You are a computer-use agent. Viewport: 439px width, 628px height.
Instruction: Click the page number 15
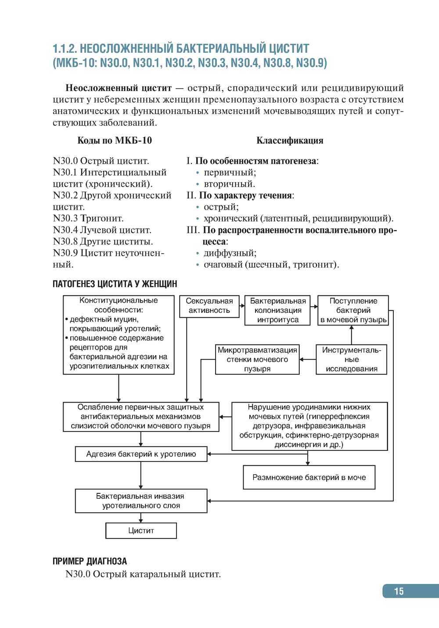pos(399,591)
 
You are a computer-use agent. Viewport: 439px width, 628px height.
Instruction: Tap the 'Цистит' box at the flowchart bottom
pos(141,530)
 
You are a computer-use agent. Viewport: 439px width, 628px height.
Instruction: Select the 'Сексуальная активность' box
pos(209,306)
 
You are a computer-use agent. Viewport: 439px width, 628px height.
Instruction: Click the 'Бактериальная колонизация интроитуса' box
pos(277,310)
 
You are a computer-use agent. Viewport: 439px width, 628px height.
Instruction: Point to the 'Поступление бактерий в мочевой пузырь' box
pos(353,310)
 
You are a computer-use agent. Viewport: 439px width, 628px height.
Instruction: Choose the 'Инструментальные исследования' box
pos(351,359)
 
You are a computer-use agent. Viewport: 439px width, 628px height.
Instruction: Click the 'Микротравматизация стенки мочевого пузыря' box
pos(257,359)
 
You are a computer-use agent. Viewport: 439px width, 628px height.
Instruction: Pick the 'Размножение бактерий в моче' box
pos(309,477)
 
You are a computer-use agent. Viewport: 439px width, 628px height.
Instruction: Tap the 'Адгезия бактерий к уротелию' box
pos(141,454)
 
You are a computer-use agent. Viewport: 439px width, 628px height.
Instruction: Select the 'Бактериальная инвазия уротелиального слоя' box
pos(141,501)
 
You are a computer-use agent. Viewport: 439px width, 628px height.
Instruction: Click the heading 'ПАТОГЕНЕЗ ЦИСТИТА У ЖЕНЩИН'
pos(115,284)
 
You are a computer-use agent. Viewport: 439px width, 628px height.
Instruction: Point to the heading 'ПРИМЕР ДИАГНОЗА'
pos(90,561)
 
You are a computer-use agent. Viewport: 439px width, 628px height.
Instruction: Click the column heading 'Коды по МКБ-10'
pos(115,141)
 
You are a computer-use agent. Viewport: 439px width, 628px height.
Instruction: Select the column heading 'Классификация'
pos(290,141)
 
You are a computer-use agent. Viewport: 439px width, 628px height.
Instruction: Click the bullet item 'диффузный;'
pos(230,253)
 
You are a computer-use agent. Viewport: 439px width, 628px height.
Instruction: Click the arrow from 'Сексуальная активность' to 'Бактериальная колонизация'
pos(242,305)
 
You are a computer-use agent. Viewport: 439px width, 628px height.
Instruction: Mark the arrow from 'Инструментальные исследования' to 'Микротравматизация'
pos(308,359)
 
